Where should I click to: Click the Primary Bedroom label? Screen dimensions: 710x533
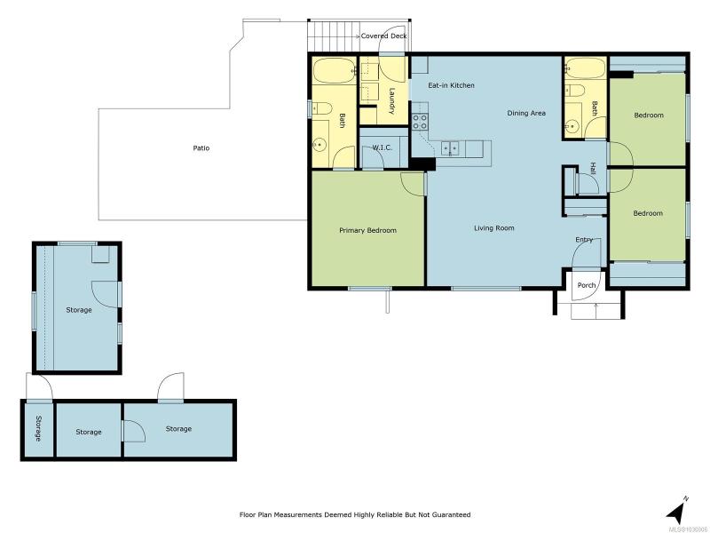click(367, 230)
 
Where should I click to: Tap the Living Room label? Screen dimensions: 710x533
click(494, 228)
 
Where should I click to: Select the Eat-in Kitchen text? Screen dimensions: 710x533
click(451, 85)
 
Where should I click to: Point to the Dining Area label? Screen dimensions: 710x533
click(526, 113)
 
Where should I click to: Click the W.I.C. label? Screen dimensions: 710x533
click(383, 147)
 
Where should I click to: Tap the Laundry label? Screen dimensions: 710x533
click(391, 100)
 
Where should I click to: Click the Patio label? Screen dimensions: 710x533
click(201, 147)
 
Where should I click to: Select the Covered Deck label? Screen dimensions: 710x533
click(383, 36)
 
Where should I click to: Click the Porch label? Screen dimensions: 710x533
click(587, 285)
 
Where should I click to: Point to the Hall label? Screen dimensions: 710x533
click(593, 169)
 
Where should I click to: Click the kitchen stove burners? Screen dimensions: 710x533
click(420, 122)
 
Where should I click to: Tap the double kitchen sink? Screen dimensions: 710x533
click(450, 148)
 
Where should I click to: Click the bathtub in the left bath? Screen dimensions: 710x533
click(335, 70)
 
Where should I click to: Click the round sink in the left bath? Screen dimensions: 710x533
click(319, 145)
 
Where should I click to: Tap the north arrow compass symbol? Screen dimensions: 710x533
click(677, 511)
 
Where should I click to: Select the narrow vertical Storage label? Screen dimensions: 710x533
click(38, 428)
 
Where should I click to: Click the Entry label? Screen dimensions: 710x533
click(584, 239)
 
